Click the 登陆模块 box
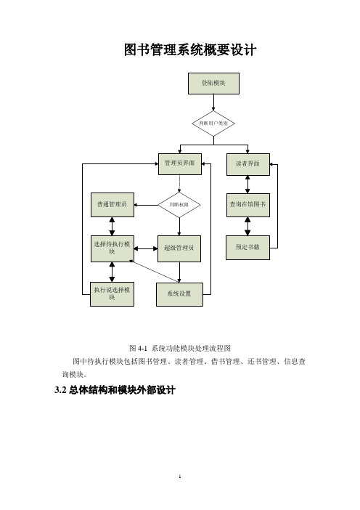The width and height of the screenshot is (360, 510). [213, 84]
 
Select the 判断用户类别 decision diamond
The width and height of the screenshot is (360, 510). [213, 124]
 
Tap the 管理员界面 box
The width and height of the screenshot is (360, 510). [180, 164]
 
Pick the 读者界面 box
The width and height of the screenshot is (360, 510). [248, 164]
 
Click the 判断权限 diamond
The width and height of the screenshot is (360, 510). [179, 205]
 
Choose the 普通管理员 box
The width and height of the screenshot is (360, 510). [112, 205]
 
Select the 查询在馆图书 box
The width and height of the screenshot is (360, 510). [248, 205]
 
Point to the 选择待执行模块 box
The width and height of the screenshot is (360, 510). [112, 248]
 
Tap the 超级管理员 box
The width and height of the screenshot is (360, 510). [179, 248]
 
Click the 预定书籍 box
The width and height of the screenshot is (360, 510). [247, 248]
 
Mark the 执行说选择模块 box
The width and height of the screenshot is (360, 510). [112, 294]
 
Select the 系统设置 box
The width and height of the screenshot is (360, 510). [179, 294]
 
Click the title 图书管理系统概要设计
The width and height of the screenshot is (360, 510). [190, 50]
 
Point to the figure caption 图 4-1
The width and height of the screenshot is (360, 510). [138, 348]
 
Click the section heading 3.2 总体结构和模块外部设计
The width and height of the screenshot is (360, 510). [115, 389]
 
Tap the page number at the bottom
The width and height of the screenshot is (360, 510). [180, 477]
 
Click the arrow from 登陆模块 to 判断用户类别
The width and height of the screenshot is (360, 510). [213, 102]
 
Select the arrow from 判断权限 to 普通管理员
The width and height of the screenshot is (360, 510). [146, 205]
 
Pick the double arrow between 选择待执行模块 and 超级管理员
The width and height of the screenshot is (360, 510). [146, 248]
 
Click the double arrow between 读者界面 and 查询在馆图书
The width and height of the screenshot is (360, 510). [247, 185]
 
